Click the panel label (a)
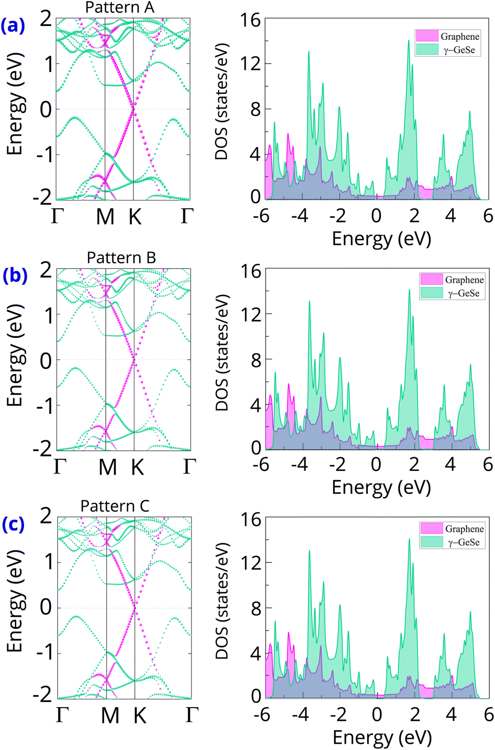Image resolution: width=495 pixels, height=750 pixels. (13, 25)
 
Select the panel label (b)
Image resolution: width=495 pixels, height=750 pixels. (14, 275)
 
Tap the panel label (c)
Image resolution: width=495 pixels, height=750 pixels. (13, 524)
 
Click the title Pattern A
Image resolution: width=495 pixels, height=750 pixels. (120, 8)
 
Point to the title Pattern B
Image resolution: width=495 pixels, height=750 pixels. (121, 258)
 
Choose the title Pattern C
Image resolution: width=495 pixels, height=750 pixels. (115, 506)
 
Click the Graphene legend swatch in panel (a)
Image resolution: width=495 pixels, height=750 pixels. (427, 36)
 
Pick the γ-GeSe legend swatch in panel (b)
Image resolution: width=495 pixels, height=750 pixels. (432, 293)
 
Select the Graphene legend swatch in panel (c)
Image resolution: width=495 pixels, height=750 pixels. (432, 528)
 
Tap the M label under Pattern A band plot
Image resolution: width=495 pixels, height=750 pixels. (105, 217)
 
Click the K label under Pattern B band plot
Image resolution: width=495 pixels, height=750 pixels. (137, 467)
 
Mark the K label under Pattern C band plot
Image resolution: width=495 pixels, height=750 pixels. (139, 716)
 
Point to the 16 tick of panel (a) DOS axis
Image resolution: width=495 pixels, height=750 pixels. (250, 20)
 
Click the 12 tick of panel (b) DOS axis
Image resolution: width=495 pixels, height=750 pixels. (250, 314)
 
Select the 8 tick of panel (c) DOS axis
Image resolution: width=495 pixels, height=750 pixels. (255, 608)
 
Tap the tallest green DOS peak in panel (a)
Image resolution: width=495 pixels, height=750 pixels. (409, 41)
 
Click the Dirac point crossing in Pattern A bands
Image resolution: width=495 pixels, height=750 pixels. (133, 108)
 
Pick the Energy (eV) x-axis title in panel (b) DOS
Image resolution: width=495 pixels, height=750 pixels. (381, 487)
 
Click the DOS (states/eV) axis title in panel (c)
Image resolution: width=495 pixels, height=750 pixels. (222, 601)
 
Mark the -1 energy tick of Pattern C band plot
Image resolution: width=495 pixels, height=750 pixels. (44, 653)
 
